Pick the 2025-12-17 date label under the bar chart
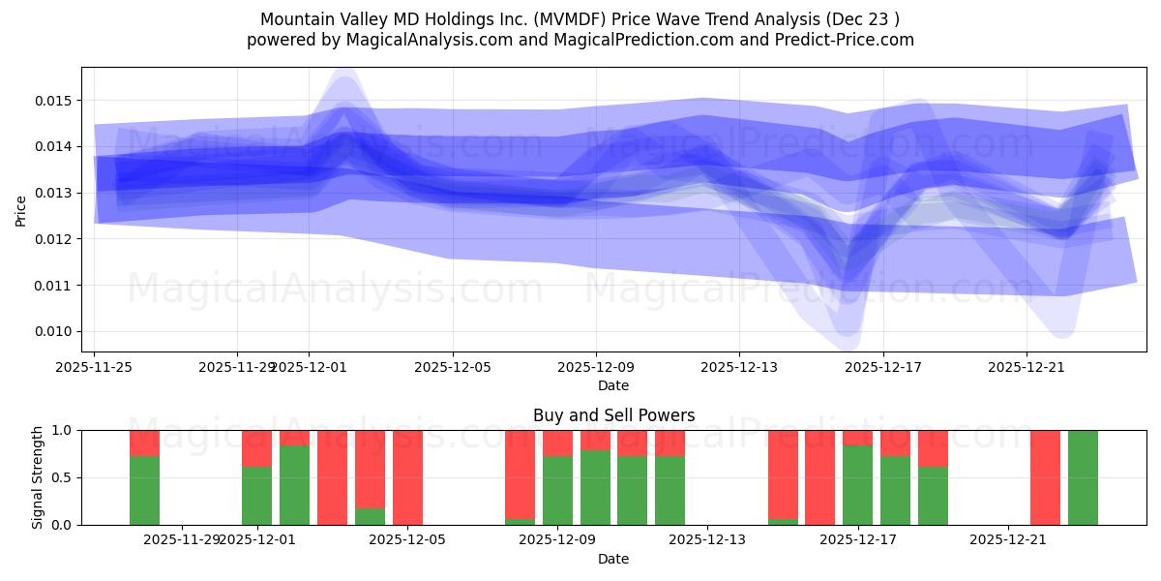point(858,539)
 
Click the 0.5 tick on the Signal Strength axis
point(62,477)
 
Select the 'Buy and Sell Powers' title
point(613,415)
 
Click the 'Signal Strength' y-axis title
point(38,477)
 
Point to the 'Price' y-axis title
point(21,209)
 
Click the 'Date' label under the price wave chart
point(613,385)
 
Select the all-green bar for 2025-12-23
point(1083,477)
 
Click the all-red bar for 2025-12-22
point(1045,477)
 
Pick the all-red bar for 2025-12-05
point(407,477)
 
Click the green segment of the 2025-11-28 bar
point(144,491)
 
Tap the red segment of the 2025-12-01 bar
point(256,448)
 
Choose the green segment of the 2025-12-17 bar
point(858,485)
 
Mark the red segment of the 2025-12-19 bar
point(933,448)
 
